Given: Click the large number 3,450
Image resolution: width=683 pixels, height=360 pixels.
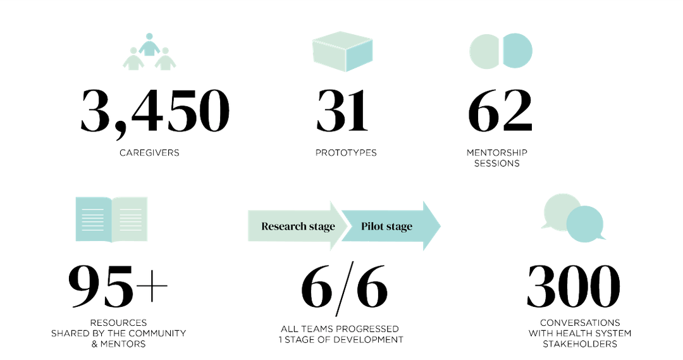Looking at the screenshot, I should pos(154,111).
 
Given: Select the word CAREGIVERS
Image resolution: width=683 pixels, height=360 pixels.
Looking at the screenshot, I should pos(150,152).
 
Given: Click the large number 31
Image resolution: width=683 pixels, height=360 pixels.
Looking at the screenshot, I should pos(342,111).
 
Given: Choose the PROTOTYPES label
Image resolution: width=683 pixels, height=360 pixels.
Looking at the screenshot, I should pos(346,152).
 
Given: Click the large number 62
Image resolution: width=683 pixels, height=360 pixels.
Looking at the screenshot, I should pos(500,111).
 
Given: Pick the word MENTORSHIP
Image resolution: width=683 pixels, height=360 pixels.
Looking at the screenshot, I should pos(497,152).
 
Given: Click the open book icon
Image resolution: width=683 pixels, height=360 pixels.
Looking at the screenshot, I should pos(111,218).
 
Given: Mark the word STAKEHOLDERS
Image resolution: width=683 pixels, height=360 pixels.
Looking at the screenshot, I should pos(579,344).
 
